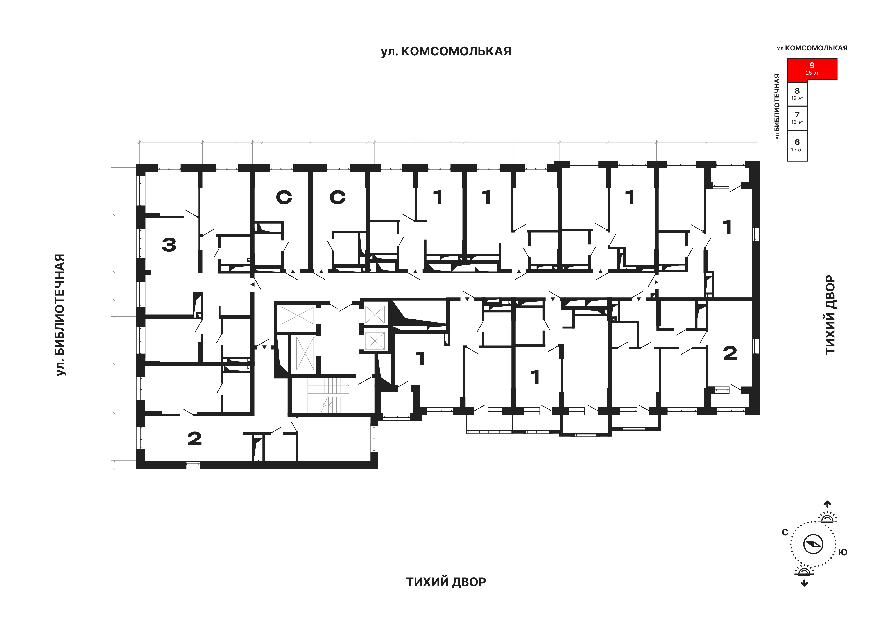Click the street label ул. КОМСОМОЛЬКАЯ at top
[446, 51]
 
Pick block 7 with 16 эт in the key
[797, 118]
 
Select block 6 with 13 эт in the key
[797, 145]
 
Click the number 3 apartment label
[169, 245]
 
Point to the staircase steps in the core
[328, 396]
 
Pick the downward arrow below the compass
[804, 583]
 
